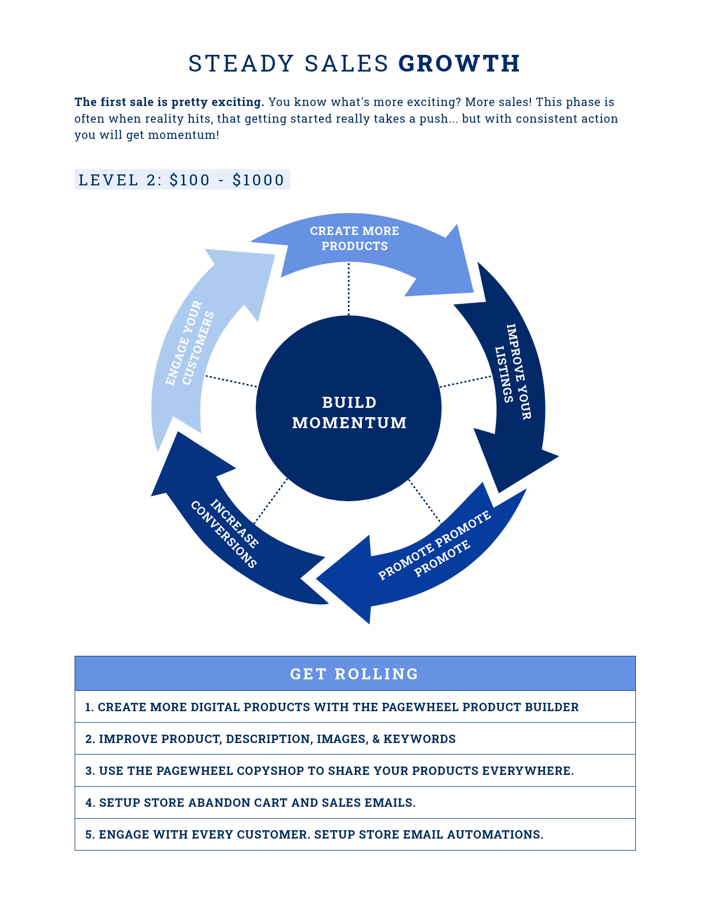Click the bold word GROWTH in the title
pos(459,64)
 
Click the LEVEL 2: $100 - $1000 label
pos(182,180)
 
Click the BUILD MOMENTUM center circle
pos(349,408)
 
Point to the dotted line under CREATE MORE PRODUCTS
pos(349,289)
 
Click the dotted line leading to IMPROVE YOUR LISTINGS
pos(466,381)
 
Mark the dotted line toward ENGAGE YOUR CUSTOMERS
pos(231,381)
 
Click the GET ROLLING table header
pos(355,674)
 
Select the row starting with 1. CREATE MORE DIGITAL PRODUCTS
pos(355,707)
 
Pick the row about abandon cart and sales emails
pos(355,803)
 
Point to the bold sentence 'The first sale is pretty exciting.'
pos(170,102)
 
